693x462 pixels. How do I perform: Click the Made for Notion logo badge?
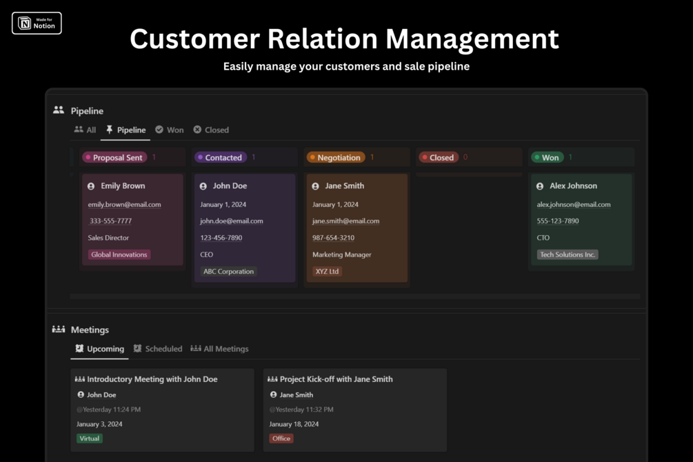point(37,23)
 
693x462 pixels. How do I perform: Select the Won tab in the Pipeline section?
point(170,130)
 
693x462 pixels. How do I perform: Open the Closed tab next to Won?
point(211,130)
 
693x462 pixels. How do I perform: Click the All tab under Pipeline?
point(86,130)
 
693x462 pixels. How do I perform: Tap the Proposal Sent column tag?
point(114,157)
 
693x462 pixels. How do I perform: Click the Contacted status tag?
point(220,157)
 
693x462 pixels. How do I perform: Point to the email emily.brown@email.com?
point(124,204)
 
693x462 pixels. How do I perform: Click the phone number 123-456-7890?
point(221,238)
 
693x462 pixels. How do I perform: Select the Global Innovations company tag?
point(119,254)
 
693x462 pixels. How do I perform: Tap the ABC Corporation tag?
point(228,272)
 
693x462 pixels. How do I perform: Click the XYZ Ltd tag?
point(327,272)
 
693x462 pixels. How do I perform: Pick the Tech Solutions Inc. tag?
point(568,254)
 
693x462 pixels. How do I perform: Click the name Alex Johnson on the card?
point(573,185)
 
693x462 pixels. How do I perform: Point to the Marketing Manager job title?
point(341,254)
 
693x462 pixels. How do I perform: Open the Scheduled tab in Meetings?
point(158,349)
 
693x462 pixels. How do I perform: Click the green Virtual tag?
point(90,439)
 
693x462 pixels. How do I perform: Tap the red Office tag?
point(281,439)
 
